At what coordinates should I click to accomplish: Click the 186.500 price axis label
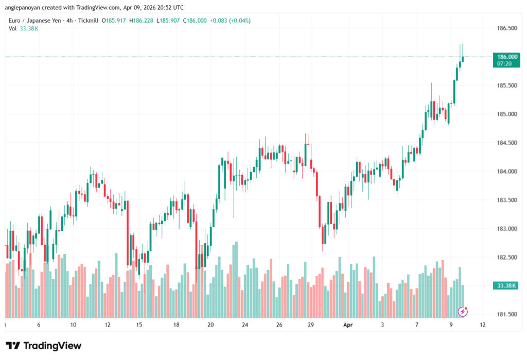505,28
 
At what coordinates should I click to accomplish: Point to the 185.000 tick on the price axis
505,114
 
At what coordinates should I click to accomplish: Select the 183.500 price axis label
505,200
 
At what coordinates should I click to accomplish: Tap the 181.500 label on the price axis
505,314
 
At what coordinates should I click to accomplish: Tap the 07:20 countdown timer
504,63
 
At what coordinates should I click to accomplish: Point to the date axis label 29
310,325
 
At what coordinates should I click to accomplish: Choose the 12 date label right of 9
482,325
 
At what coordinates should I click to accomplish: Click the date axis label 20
210,325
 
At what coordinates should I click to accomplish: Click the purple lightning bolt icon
463,312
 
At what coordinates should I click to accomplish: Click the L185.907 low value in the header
174,20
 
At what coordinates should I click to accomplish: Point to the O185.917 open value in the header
114,20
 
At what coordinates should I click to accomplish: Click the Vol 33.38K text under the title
24,28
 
